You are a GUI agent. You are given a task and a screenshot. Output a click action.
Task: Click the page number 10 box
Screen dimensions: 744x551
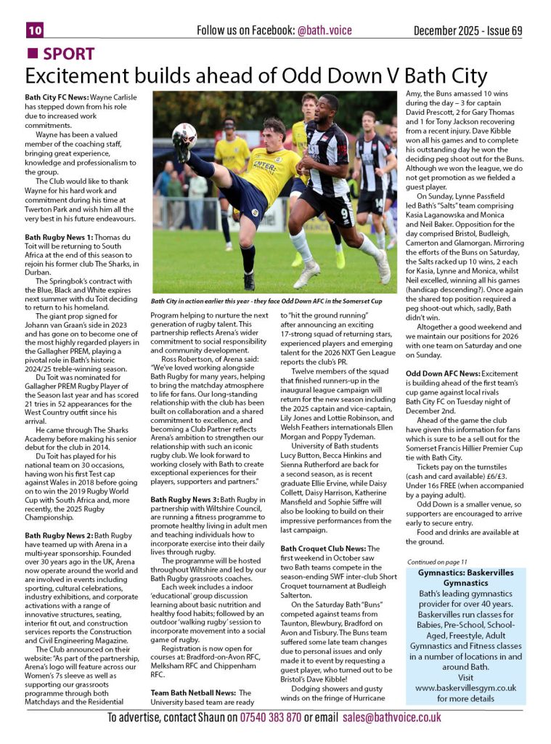(x=35, y=30)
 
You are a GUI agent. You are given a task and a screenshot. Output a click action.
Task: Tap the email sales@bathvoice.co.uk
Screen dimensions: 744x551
(x=392, y=718)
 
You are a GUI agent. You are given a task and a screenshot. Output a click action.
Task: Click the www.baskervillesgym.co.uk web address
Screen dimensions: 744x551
(x=465, y=687)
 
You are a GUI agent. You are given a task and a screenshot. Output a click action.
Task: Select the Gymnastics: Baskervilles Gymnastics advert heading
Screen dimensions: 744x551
(x=465, y=578)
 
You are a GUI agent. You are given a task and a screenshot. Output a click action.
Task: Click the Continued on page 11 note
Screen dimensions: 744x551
(x=437, y=562)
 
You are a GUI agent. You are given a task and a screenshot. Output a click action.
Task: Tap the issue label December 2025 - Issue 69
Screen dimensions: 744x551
(x=468, y=31)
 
